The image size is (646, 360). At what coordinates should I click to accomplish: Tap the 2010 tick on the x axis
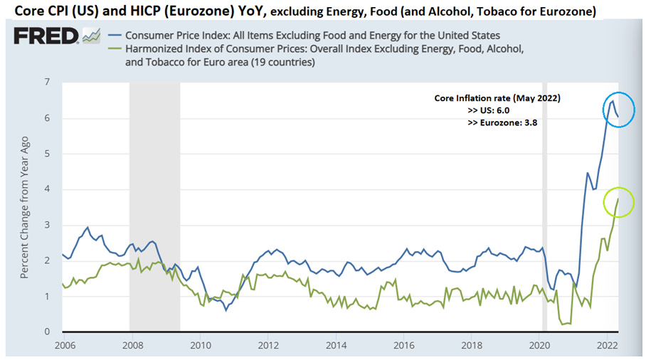click(200, 346)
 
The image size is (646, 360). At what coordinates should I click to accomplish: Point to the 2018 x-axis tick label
click(472, 346)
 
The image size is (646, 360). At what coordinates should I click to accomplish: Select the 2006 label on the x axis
click(64, 346)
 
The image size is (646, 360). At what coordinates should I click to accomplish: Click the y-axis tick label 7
click(47, 83)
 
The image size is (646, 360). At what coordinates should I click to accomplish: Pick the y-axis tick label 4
click(47, 189)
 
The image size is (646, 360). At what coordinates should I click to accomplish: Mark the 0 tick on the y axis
click(47, 332)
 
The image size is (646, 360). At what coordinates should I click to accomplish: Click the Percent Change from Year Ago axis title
click(25, 206)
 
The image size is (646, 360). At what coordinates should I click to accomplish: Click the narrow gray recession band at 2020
click(545, 206)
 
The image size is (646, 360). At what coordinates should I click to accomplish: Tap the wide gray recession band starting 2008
click(154, 206)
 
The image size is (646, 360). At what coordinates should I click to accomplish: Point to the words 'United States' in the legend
click(465, 36)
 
